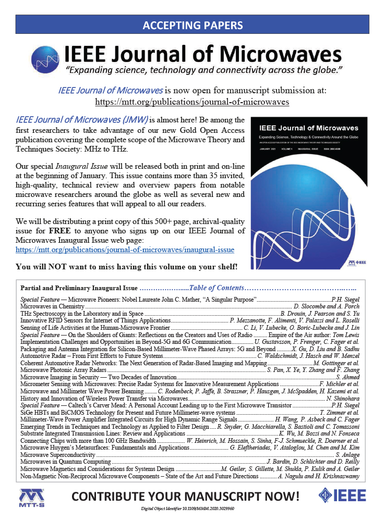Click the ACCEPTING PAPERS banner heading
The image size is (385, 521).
coord(192,24)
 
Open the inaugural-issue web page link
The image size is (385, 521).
coord(125,250)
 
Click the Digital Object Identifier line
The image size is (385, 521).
coord(192,510)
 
